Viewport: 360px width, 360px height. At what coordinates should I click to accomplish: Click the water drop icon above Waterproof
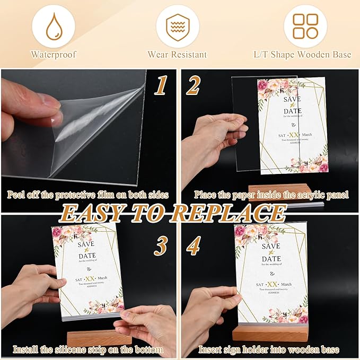coord(53,27)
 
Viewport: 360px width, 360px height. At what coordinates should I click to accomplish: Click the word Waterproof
coord(53,54)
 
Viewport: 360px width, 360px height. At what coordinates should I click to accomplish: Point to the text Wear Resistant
coord(178,54)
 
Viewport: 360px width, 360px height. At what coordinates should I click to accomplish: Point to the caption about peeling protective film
coord(88,195)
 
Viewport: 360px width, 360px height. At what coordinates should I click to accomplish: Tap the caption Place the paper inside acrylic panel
coord(271,195)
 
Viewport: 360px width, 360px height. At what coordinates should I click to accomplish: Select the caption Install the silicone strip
coord(88,350)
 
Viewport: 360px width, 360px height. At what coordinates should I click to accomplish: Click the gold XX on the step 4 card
coord(272,285)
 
